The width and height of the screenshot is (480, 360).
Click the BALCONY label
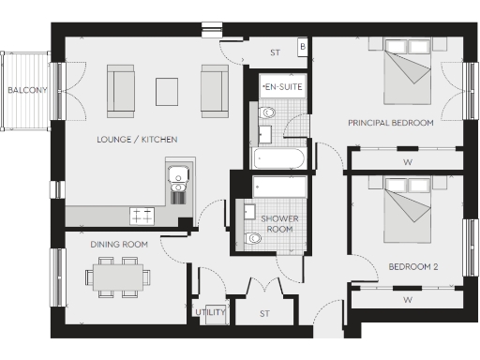tap(22, 91)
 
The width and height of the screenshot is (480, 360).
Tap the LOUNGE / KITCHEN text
tap(137, 140)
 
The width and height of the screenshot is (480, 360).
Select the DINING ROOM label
tap(120, 245)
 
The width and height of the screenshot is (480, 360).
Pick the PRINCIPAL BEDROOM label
tap(390, 123)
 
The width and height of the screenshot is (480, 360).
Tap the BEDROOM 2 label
tap(412, 267)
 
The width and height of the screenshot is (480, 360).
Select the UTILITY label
tap(209, 311)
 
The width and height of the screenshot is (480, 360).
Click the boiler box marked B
tap(302, 46)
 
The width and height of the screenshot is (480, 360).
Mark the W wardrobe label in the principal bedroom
tap(407, 160)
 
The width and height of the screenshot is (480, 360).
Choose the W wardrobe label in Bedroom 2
tap(407, 300)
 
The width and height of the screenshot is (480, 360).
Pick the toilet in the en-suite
tap(266, 113)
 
